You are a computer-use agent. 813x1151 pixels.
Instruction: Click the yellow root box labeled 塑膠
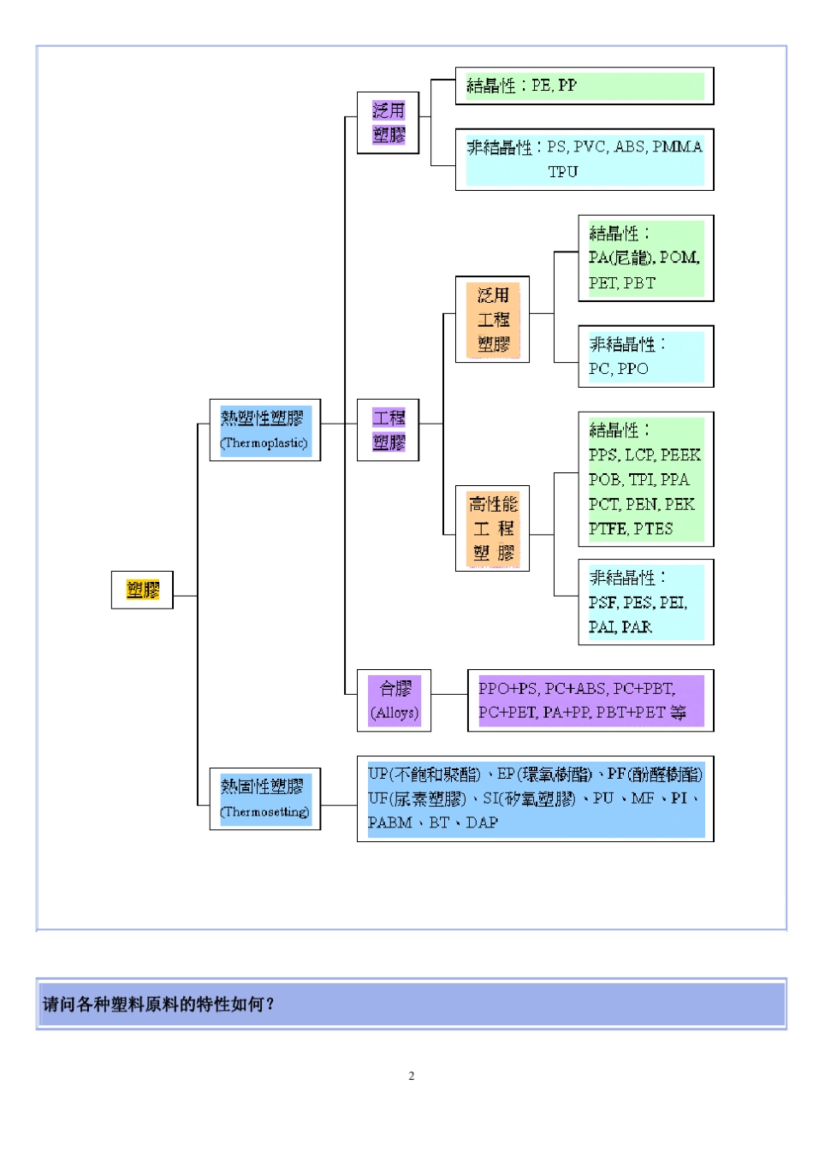142,590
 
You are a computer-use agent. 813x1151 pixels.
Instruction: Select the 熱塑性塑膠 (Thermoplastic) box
264,430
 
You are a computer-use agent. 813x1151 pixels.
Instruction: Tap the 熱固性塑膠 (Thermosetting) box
264,798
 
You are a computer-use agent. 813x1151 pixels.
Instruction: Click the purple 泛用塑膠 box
388,122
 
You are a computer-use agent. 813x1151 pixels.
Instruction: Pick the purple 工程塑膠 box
388,430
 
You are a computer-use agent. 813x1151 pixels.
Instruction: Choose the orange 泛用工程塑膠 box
492,319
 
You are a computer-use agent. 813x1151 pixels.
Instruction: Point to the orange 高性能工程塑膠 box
492,528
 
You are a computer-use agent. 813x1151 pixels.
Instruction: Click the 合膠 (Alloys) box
394,700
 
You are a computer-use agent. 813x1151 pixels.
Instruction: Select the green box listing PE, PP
584,86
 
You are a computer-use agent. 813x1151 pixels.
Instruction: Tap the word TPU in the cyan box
562,172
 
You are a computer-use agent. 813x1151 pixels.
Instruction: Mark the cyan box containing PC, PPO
645,356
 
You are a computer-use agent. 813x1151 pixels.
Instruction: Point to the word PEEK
680,455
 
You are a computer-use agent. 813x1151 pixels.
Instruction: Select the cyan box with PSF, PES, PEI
645,602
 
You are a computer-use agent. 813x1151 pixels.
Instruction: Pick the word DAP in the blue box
482,822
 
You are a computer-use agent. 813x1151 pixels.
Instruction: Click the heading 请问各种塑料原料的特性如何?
158,1004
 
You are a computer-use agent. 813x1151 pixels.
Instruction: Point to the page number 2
411,1076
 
